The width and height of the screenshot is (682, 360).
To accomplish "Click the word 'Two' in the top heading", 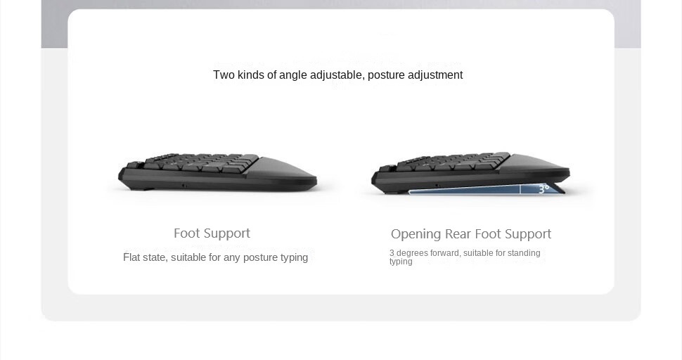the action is point(224,75).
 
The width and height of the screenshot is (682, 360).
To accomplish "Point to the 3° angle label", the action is point(543,188).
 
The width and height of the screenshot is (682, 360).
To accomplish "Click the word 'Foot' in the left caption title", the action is point(186,233).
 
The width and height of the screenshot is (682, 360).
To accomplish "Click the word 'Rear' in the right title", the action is point(458,234).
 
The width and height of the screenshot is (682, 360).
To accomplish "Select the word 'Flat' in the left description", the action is point(131,257).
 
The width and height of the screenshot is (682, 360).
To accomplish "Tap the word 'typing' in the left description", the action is point(294,258).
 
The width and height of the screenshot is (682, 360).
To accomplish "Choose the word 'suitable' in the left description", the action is point(188,257).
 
